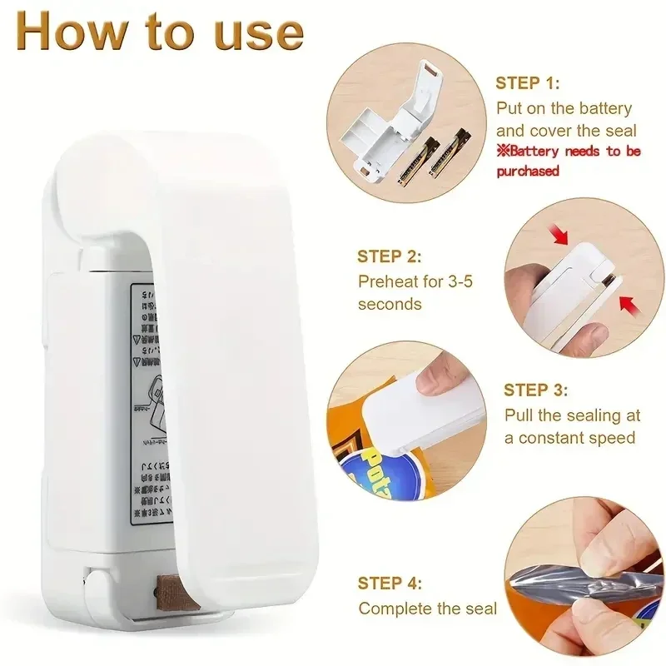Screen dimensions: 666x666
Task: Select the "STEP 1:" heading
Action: tap(528, 83)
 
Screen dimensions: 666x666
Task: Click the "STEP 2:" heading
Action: tap(390, 257)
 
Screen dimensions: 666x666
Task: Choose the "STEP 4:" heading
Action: tap(390, 584)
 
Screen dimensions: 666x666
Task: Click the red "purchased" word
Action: tap(528, 171)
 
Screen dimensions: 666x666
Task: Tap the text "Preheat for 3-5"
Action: tap(415, 281)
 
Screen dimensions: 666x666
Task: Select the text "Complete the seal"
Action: tap(427, 609)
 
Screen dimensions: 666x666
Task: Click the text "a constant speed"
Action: tap(569, 438)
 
